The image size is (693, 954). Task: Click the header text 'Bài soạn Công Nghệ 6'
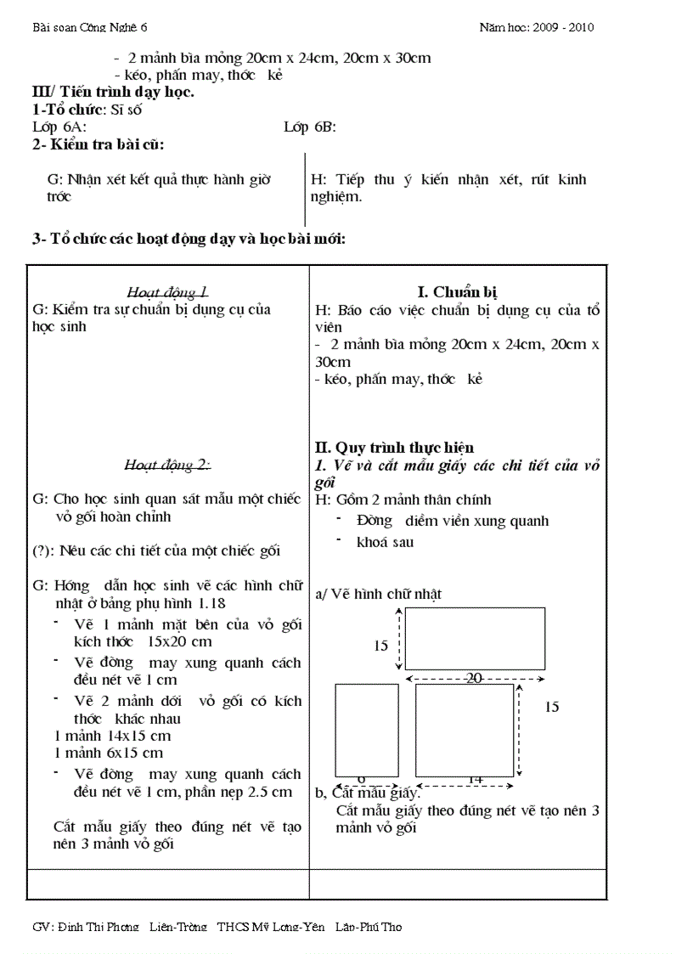tap(89, 27)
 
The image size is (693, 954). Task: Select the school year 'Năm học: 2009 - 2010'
tap(536, 27)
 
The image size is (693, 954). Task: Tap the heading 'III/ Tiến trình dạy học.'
tap(113, 92)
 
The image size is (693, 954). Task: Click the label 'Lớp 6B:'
tap(310, 127)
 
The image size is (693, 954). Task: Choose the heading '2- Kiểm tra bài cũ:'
tap(99, 145)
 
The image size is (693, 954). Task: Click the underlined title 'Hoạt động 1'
tap(167, 291)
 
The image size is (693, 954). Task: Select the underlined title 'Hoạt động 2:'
tap(167, 464)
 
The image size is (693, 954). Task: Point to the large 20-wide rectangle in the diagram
tap(475, 639)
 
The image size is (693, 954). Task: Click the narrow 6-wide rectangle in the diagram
tap(367, 730)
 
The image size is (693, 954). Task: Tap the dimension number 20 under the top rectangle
tap(474, 678)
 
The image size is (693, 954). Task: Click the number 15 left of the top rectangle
tap(381, 646)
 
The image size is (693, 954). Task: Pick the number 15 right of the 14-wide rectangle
tap(552, 706)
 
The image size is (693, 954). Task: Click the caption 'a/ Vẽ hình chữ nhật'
tap(378, 594)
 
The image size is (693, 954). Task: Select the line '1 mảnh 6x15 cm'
tap(108, 753)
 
